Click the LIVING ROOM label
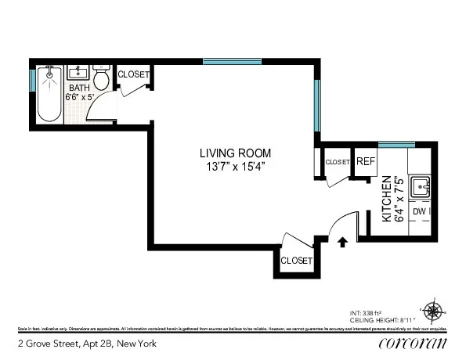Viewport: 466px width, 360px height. (233, 153)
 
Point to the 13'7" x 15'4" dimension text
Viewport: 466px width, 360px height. (233, 166)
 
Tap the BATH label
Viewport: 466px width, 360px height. (79, 88)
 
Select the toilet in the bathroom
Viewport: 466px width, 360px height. (100, 79)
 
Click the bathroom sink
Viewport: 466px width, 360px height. (78, 73)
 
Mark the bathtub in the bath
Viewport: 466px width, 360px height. (49, 95)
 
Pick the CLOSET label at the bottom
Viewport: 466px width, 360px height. (296, 261)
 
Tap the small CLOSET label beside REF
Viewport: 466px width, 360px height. (337, 162)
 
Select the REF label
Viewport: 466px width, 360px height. (366, 161)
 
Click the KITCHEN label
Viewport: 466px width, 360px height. (386, 200)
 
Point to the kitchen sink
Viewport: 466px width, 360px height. (421, 188)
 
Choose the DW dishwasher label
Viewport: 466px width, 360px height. (419, 211)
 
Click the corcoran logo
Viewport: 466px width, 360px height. (412, 343)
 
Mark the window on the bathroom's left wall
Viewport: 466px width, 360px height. (32, 81)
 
